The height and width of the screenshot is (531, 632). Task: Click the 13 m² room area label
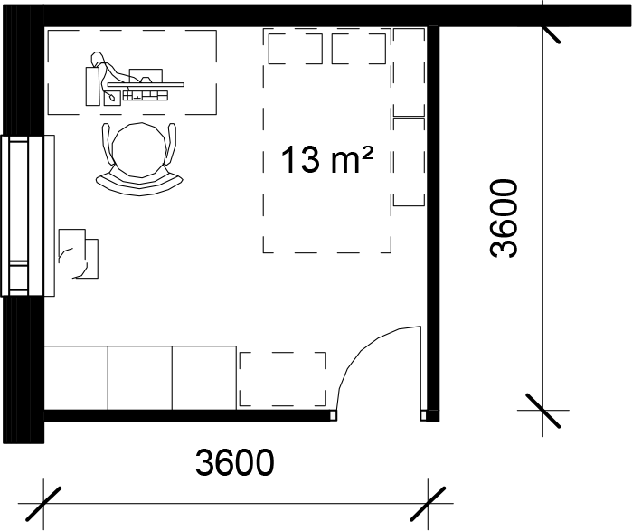tap(326, 160)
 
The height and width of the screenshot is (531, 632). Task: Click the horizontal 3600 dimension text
tap(234, 462)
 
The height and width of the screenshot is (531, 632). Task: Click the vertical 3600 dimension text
tap(503, 218)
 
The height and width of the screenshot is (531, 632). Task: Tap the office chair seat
tap(139, 149)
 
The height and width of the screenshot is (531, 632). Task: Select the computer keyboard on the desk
tap(146, 96)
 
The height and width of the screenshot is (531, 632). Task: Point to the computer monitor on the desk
tap(146, 75)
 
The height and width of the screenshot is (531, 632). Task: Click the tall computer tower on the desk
tap(92, 86)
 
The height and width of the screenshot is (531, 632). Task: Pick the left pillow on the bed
tap(296, 49)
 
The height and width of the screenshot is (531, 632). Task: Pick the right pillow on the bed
tap(359, 49)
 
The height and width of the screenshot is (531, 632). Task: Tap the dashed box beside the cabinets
tap(282, 379)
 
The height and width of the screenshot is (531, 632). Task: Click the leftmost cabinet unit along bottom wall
tap(76, 378)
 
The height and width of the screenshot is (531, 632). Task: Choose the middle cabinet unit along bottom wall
tap(140, 378)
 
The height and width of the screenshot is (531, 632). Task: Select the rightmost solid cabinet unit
tap(204, 378)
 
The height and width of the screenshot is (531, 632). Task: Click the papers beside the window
tap(79, 253)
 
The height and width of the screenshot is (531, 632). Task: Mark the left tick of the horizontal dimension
tap(43, 503)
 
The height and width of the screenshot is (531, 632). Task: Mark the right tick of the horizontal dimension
tap(428, 503)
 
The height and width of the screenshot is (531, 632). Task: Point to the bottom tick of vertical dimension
tap(542, 411)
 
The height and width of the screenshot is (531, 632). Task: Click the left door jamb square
tap(333, 416)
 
